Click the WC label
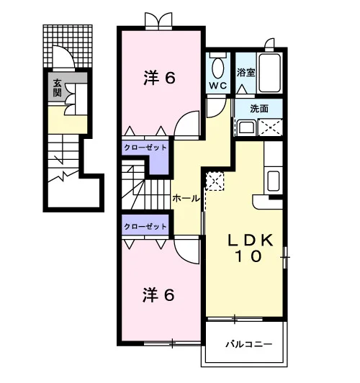click(x=218, y=86)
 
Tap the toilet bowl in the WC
click(x=218, y=68)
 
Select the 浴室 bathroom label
click(x=246, y=73)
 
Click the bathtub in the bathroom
click(x=269, y=73)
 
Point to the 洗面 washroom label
click(x=259, y=109)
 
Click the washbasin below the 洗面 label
click(x=247, y=127)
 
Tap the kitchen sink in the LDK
click(x=274, y=181)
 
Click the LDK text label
click(x=251, y=240)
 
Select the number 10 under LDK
click(x=248, y=256)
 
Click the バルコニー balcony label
click(x=248, y=344)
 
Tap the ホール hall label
click(x=186, y=199)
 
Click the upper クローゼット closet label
click(x=145, y=148)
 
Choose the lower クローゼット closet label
click(x=145, y=227)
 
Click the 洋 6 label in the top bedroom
click(x=159, y=78)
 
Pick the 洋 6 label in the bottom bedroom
click(x=158, y=295)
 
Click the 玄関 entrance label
click(x=57, y=88)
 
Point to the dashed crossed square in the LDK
click(x=215, y=181)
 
